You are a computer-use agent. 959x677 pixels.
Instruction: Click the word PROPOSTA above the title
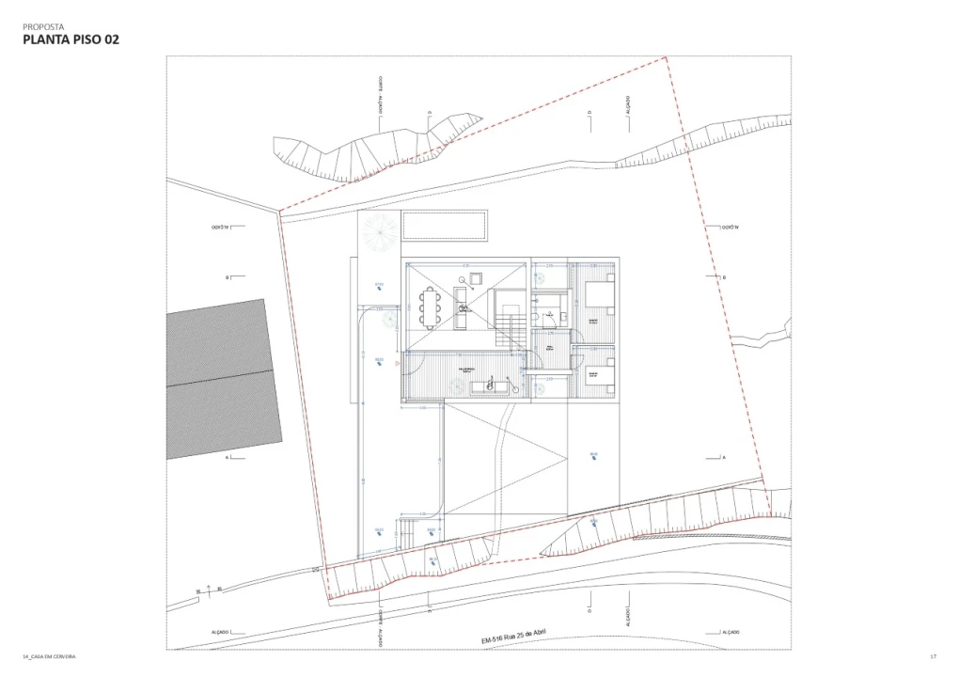click(x=43, y=27)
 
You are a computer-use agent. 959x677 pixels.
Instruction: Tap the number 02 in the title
click(x=106, y=40)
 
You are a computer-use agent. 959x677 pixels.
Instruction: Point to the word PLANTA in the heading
click(x=44, y=40)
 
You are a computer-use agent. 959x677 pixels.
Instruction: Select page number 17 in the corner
click(x=933, y=655)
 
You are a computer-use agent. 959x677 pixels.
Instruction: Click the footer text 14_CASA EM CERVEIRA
click(x=49, y=655)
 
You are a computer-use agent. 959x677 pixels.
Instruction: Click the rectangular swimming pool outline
click(x=443, y=226)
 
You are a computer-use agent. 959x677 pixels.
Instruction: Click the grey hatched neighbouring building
click(x=224, y=378)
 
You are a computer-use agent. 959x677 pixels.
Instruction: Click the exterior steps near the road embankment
click(x=412, y=532)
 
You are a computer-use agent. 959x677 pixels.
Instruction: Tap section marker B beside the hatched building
click(x=228, y=277)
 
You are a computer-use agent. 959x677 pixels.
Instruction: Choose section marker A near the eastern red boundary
click(x=723, y=457)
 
